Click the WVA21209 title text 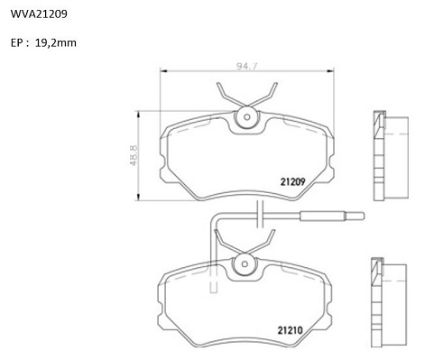click(x=39, y=14)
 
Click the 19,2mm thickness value click(x=56, y=43)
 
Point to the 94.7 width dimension click(x=247, y=66)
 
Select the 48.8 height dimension click(x=134, y=155)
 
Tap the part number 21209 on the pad click(x=292, y=181)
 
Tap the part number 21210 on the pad click(x=290, y=330)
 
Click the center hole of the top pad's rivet click(x=247, y=117)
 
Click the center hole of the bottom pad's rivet click(x=245, y=264)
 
